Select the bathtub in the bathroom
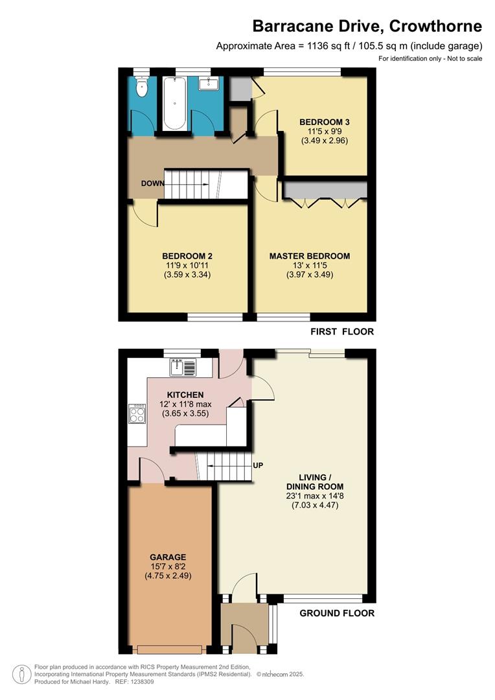click(174, 102)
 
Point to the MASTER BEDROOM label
click(310, 256)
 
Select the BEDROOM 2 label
click(188, 256)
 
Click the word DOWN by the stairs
click(152, 183)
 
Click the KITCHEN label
click(185, 395)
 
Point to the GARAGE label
click(168, 557)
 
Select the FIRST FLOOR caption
click(342, 332)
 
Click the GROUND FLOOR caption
click(336, 613)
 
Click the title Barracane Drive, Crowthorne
click(367, 26)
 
